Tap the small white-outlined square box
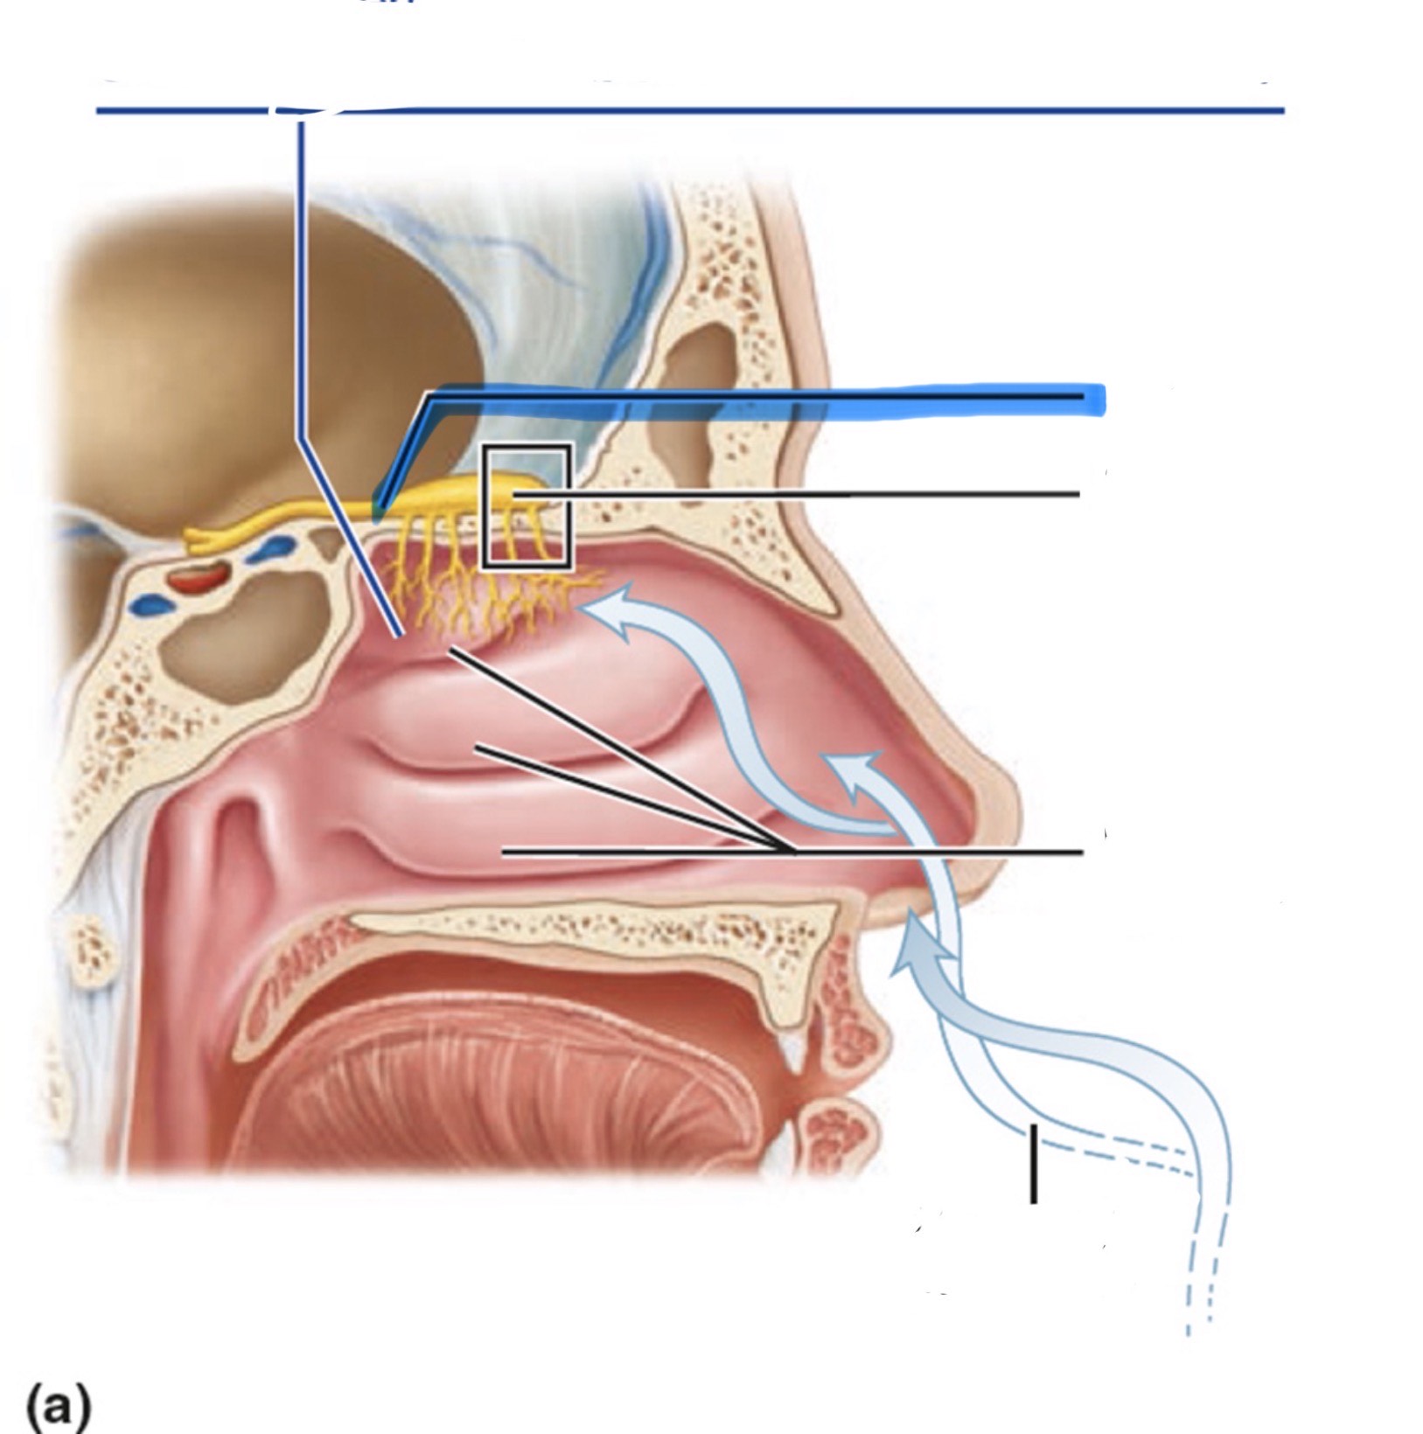coord(527,507)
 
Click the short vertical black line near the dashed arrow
coord(1034,1164)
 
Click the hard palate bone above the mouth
coord(595,927)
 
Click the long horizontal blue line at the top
coord(787,111)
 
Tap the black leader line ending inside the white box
coord(787,495)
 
